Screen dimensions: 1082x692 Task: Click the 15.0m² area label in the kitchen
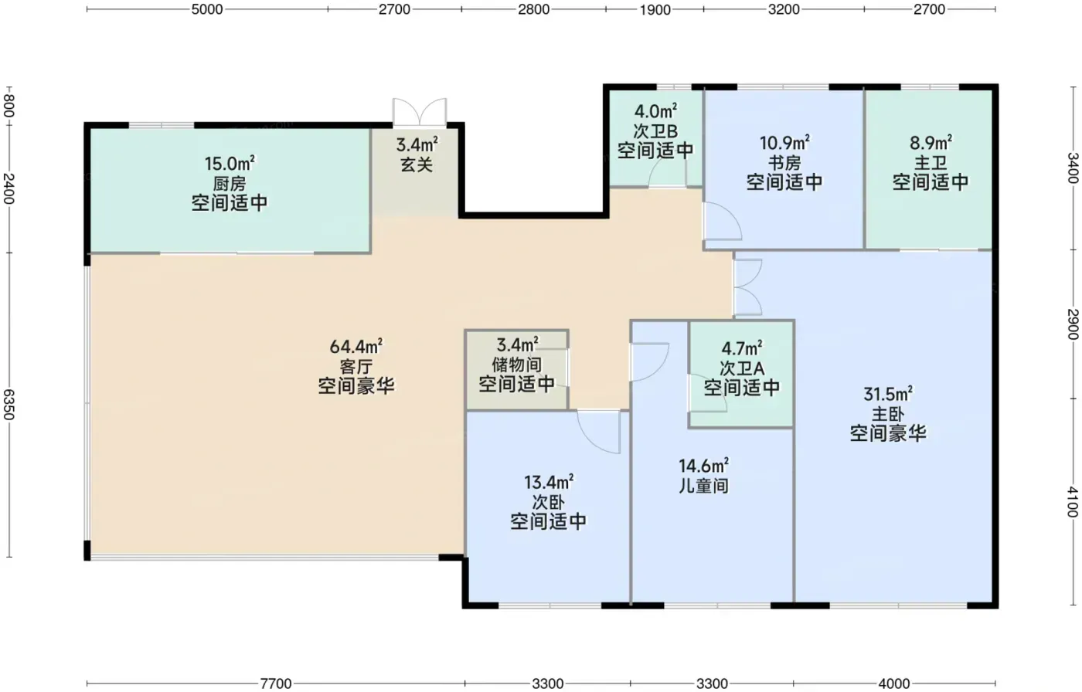click(230, 164)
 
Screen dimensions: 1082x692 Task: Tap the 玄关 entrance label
click(417, 165)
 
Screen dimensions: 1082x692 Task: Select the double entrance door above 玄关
click(419, 112)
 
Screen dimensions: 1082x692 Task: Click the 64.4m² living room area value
click(356, 346)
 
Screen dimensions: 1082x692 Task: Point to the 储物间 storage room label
click(516, 365)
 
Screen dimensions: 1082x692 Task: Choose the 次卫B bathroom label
click(655, 131)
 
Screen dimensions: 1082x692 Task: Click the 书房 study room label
click(784, 163)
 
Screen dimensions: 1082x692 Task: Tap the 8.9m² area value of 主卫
click(931, 143)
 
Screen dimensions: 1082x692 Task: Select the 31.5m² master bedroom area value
click(888, 394)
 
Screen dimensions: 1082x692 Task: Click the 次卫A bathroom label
click(741, 368)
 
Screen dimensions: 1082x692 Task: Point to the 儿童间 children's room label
click(704, 486)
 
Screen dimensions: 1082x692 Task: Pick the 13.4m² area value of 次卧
click(549, 482)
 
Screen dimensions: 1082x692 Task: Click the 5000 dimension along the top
click(207, 9)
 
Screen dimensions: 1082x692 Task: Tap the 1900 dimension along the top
click(655, 9)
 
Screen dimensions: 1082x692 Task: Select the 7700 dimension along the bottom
click(276, 684)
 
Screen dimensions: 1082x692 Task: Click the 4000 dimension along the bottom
click(894, 684)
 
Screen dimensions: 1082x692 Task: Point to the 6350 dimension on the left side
click(9, 405)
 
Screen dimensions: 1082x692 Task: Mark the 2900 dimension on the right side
click(1073, 324)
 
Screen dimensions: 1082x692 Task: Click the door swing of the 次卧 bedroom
click(599, 432)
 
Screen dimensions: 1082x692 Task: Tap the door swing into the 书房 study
click(722, 221)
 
